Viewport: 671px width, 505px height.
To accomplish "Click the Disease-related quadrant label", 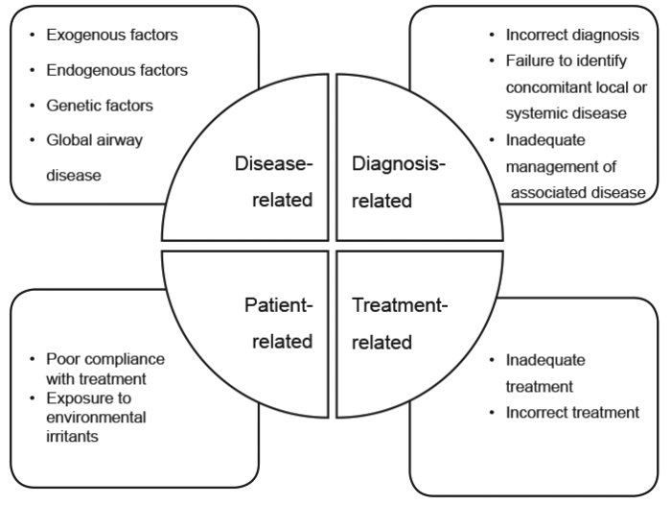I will [x=273, y=182].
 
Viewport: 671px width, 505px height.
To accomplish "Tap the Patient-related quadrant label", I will [x=277, y=325].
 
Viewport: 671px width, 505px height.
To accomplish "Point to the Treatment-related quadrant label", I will [x=399, y=325].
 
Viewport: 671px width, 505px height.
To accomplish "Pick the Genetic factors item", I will [x=98, y=105].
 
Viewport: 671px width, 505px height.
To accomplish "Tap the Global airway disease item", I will [x=93, y=157].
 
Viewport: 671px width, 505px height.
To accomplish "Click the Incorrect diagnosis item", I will [x=572, y=36].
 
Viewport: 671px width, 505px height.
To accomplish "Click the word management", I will [x=550, y=166].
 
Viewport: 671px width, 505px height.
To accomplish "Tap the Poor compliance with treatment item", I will [x=104, y=369].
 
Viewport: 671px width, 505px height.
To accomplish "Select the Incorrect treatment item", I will [x=572, y=413].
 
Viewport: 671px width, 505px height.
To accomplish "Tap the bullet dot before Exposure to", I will [x=34, y=397].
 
